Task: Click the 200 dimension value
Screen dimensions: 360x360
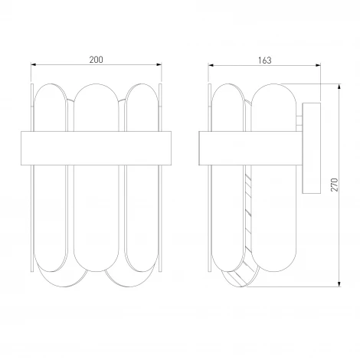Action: [96, 60]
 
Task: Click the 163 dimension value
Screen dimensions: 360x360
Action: [264, 61]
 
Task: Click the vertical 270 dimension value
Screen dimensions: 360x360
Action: [334, 185]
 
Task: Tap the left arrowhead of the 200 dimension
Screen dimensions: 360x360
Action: [34, 64]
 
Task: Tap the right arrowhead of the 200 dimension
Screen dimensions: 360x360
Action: [159, 64]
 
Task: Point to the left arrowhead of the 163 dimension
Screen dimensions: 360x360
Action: [211, 65]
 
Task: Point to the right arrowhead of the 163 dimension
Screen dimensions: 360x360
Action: [318, 65]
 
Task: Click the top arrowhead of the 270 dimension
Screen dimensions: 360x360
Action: [339, 87]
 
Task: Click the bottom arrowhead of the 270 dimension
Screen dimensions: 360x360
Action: [339, 284]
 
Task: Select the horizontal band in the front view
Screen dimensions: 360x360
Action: [96, 148]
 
